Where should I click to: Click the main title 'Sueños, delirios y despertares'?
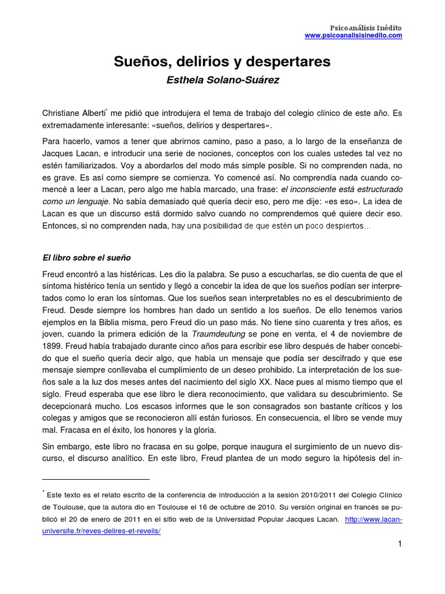[222, 61]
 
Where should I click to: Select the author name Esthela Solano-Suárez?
[222, 81]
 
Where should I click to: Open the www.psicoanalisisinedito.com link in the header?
[353, 36]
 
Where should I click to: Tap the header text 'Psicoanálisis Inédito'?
[366, 28]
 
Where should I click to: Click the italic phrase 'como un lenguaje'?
[75, 201]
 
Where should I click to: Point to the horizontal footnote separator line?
[96, 480]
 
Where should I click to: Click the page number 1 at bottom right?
[399, 544]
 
